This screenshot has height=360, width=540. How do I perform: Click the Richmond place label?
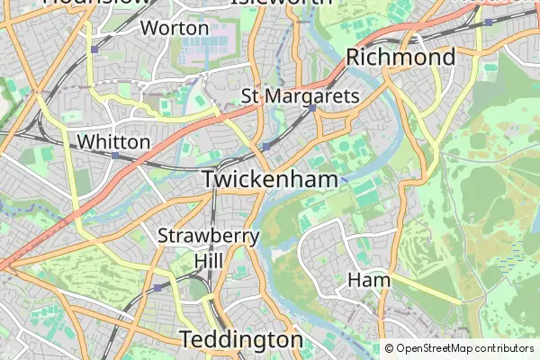coord(400,58)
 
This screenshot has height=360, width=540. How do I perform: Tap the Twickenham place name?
coord(269,179)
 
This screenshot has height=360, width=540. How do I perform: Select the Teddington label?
coord(241,339)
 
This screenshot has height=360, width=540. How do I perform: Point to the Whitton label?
coord(114,141)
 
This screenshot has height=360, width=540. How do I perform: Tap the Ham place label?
coord(369,280)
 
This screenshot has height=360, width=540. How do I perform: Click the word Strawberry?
coord(209,237)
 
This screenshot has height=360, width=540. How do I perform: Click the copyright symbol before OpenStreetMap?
coord(389,348)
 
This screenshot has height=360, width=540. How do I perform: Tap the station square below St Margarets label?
coord(311,108)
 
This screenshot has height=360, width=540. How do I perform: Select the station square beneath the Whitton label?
coord(115,156)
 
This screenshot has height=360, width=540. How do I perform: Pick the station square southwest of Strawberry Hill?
coord(159,287)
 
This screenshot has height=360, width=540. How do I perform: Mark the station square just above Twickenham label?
coord(266,147)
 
